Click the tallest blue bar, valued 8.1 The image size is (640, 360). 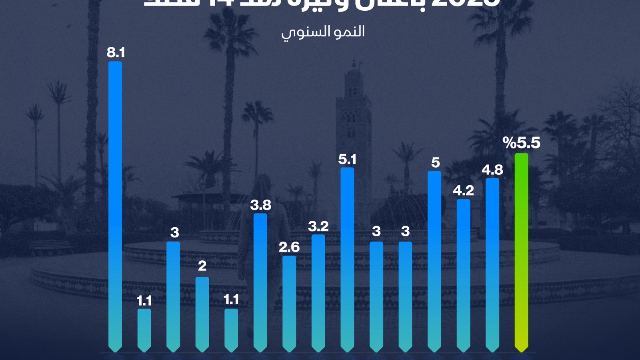click(x=115, y=206)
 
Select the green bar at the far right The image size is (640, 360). click(x=521, y=252)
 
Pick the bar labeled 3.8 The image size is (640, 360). click(x=260, y=282)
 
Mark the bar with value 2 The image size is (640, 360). click(x=202, y=314)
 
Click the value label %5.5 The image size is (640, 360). click(x=522, y=143)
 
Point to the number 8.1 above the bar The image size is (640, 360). click(x=116, y=52)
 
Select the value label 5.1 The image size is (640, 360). click(x=347, y=159)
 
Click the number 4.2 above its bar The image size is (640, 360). click(x=463, y=190)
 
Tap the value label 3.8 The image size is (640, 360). click(x=261, y=205)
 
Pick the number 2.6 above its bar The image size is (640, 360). click(x=289, y=247)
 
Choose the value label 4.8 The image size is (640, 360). click(x=492, y=170)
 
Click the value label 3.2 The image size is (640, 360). click(x=318, y=226)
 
